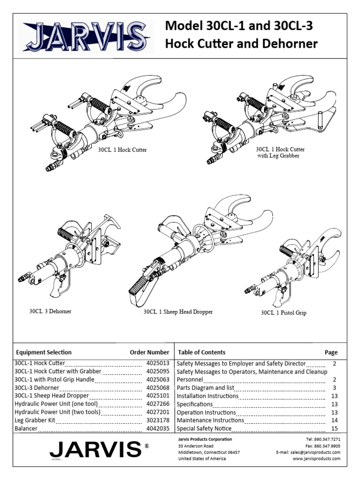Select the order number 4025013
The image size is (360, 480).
click(x=157, y=363)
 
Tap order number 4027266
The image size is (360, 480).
click(x=157, y=404)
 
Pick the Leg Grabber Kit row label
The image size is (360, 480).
click(x=34, y=420)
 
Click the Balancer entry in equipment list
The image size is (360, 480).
click(x=26, y=428)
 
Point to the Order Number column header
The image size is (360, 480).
click(x=149, y=352)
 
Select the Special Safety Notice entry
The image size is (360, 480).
click(x=206, y=428)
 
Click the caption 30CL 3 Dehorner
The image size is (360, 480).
click(x=51, y=311)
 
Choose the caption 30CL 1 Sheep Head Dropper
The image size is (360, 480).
click(x=178, y=312)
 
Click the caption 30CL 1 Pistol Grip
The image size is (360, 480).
click(x=284, y=313)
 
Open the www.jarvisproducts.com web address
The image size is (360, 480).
click(x=316, y=459)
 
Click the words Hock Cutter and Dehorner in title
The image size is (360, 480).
click(x=241, y=44)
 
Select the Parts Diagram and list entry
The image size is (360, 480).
click(x=205, y=388)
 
